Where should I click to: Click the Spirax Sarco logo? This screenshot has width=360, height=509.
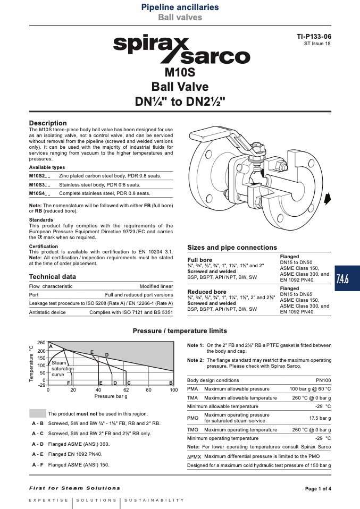[x=182, y=50]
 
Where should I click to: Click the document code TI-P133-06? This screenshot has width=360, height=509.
[x=314, y=37]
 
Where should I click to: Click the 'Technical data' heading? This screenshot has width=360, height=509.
[x=52, y=277]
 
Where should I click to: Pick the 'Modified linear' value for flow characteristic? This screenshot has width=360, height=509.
[x=156, y=286]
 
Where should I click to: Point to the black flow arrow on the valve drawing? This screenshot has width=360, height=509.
[x=328, y=198]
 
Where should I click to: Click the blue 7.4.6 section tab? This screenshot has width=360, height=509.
[x=347, y=278]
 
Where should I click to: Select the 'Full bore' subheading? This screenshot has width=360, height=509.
[x=199, y=260]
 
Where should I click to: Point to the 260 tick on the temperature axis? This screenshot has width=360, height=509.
[x=41, y=343]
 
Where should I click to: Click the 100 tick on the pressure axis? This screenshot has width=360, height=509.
[x=174, y=390]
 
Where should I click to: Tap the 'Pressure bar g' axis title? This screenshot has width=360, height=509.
[x=111, y=396]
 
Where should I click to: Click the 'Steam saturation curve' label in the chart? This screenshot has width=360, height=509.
[x=62, y=369]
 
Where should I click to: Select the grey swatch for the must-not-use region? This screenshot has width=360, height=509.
[x=38, y=413]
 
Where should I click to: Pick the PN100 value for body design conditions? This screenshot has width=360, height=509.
[x=323, y=380]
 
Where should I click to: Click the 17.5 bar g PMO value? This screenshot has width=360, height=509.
[x=320, y=418]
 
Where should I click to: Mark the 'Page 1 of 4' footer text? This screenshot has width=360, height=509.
[x=318, y=489]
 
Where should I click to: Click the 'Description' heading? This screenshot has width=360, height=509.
[x=48, y=123]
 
